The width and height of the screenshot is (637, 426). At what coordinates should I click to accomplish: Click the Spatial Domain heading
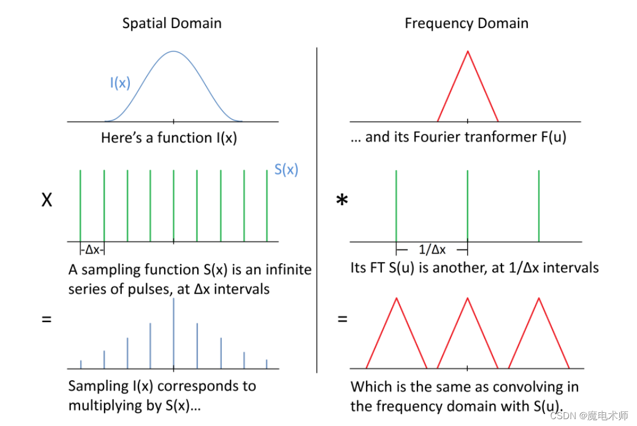pyautogui.click(x=172, y=23)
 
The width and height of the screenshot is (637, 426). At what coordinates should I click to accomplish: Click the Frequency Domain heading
pyautogui.click(x=467, y=23)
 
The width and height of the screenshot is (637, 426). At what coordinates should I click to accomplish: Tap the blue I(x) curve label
pyautogui.click(x=120, y=83)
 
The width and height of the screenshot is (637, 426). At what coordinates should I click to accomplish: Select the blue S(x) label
pyautogui.click(x=286, y=169)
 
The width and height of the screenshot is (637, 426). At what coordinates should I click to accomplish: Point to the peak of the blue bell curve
pyautogui.click(x=173, y=51)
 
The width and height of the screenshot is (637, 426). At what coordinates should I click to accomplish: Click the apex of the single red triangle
pyautogui.click(x=468, y=51)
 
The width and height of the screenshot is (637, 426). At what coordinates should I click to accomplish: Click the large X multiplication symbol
pyautogui.click(x=47, y=200)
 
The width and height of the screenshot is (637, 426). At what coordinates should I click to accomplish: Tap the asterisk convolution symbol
pyautogui.click(x=342, y=199)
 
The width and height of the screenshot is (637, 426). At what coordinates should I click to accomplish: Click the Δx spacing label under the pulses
pyautogui.click(x=93, y=250)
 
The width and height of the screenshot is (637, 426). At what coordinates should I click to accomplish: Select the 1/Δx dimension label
pyautogui.click(x=432, y=250)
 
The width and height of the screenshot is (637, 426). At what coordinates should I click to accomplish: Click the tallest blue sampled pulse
pyautogui.click(x=173, y=333)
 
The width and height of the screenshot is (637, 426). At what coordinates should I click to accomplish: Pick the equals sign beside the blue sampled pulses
pyautogui.click(x=47, y=319)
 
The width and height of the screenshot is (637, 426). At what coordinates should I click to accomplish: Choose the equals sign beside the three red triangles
pyautogui.click(x=343, y=319)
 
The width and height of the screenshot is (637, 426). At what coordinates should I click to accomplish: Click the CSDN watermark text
pyautogui.click(x=589, y=416)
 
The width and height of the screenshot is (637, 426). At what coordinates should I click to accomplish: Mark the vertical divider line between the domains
pyautogui.click(x=316, y=210)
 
